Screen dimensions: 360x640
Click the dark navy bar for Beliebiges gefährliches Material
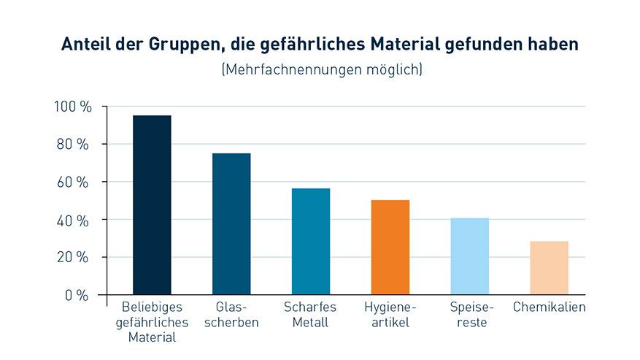pyautogui.click(x=152, y=205)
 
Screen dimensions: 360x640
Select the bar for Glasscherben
pyautogui.click(x=231, y=224)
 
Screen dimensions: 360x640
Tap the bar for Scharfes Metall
pyautogui.click(x=311, y=242)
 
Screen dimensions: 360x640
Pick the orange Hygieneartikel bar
pyautogui.click(x=390, y=248)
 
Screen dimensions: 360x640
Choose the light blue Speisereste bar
pyautogui.click(x=470, y=256)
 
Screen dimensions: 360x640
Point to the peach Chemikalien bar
pyautogui.click(x=549, y=268)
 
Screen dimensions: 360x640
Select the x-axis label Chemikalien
pyautogui.click(x=550, y=307)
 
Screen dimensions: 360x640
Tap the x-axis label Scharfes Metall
pyautogui.click(x=310, y=315)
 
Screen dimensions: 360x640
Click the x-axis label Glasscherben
pyautogui.click(x=232, y=315)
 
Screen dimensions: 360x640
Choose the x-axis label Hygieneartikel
pyautogui.click(x=390, y=315)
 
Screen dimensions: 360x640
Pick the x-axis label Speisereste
pyautogui.click(x=469, y=315)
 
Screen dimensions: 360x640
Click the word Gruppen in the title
pyautogui.click(x=180, y=45)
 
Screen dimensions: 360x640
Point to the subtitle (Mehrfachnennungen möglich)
pyautogui.click(x=320, y=70)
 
